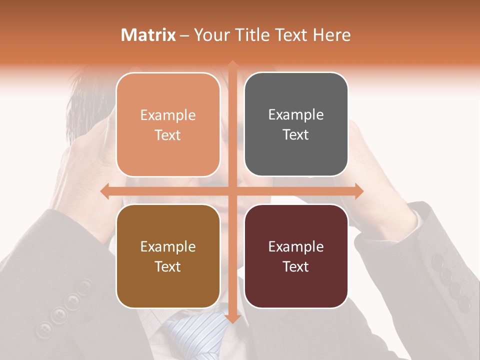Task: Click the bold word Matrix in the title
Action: (148, 35)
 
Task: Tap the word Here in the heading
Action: (332, 35)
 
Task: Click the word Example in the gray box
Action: (296, 115)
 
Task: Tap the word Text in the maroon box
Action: (296, 266)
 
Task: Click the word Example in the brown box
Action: (168, 246)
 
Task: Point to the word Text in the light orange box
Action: (168, 135)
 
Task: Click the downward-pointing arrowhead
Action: (232, 318)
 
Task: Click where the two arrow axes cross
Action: (232, 191)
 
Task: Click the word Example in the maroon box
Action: (296, 246)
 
